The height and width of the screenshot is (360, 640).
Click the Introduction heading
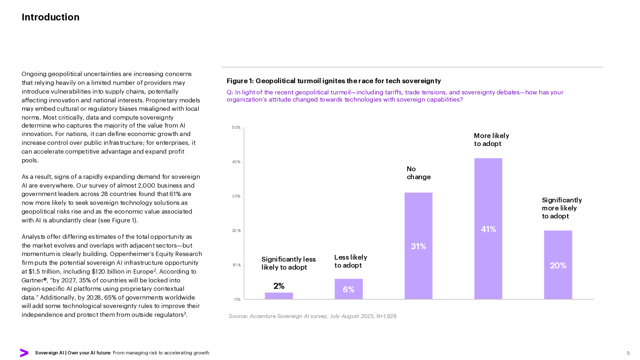pyautogui.click(x=50, y=17)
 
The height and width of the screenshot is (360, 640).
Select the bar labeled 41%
pyautogui.click(x=488, y=228)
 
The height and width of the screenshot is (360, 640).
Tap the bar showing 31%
pyautogui.click(x=418, y=246)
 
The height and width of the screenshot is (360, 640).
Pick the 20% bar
pyautogui.click(x=558, y=265)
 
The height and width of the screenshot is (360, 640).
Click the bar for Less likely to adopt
pyautogui.click(x=348, y=289)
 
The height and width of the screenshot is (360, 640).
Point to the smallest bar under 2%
pyautogui.click(x=279, y=296)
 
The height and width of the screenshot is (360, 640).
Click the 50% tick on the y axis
pyautogui.click(x=236, y=128)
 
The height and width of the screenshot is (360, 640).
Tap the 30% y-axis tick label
pyautogui.click(x=236, y=196)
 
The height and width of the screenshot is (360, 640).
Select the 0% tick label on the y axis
pyautogui.click(x=237, y=299)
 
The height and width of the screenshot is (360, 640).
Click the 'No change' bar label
pyautogui.click(x=418, y=173)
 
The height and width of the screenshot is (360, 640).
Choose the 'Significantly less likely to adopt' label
pyautogui.click(x=288, y=263)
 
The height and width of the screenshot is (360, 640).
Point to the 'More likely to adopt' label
pyautogui.click(x=491, y=140)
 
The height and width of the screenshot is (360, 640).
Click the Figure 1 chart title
pyautogui.click(x=334, y=81)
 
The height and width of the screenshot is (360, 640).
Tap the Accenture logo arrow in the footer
pyautogui.click(x=24, y=353)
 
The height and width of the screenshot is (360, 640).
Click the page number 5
pyautogui.click(x=628, y=353)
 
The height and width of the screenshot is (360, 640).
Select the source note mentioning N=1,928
pyautogui.click(x=312, y=316)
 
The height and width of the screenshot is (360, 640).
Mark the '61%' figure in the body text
pyautogui.click(x=175, y=194)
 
